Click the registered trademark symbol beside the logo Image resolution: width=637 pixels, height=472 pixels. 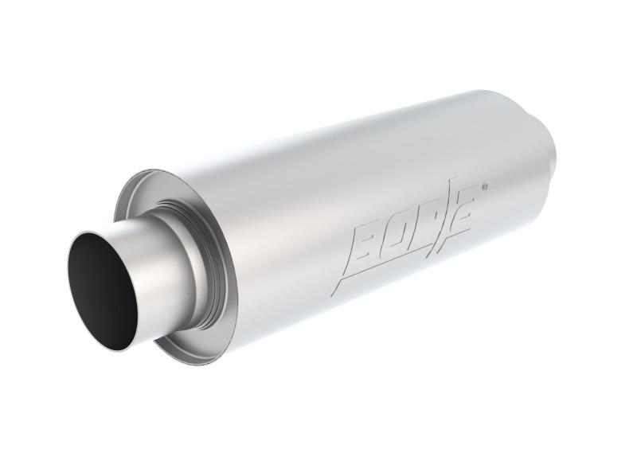(x=485, y=189)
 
